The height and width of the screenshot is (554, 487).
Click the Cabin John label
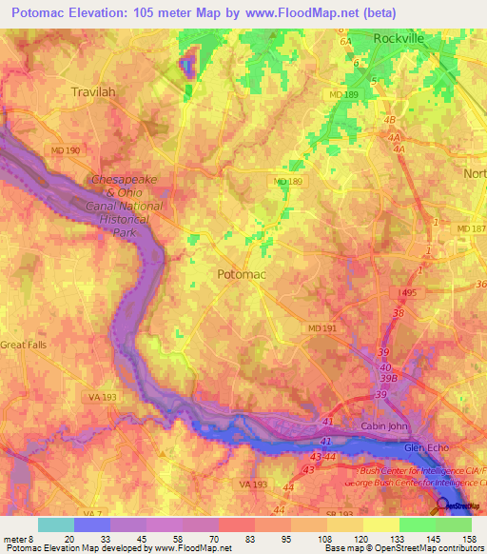tap(384, 426)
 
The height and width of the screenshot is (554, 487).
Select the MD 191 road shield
tap(321, 328)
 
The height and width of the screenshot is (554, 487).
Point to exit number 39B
tap(388, 377)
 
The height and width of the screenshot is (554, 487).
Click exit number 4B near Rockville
tap(389, 121)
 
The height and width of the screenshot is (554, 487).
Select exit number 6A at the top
tap(345, 42)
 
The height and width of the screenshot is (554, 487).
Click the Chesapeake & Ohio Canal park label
tap(126, 206)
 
